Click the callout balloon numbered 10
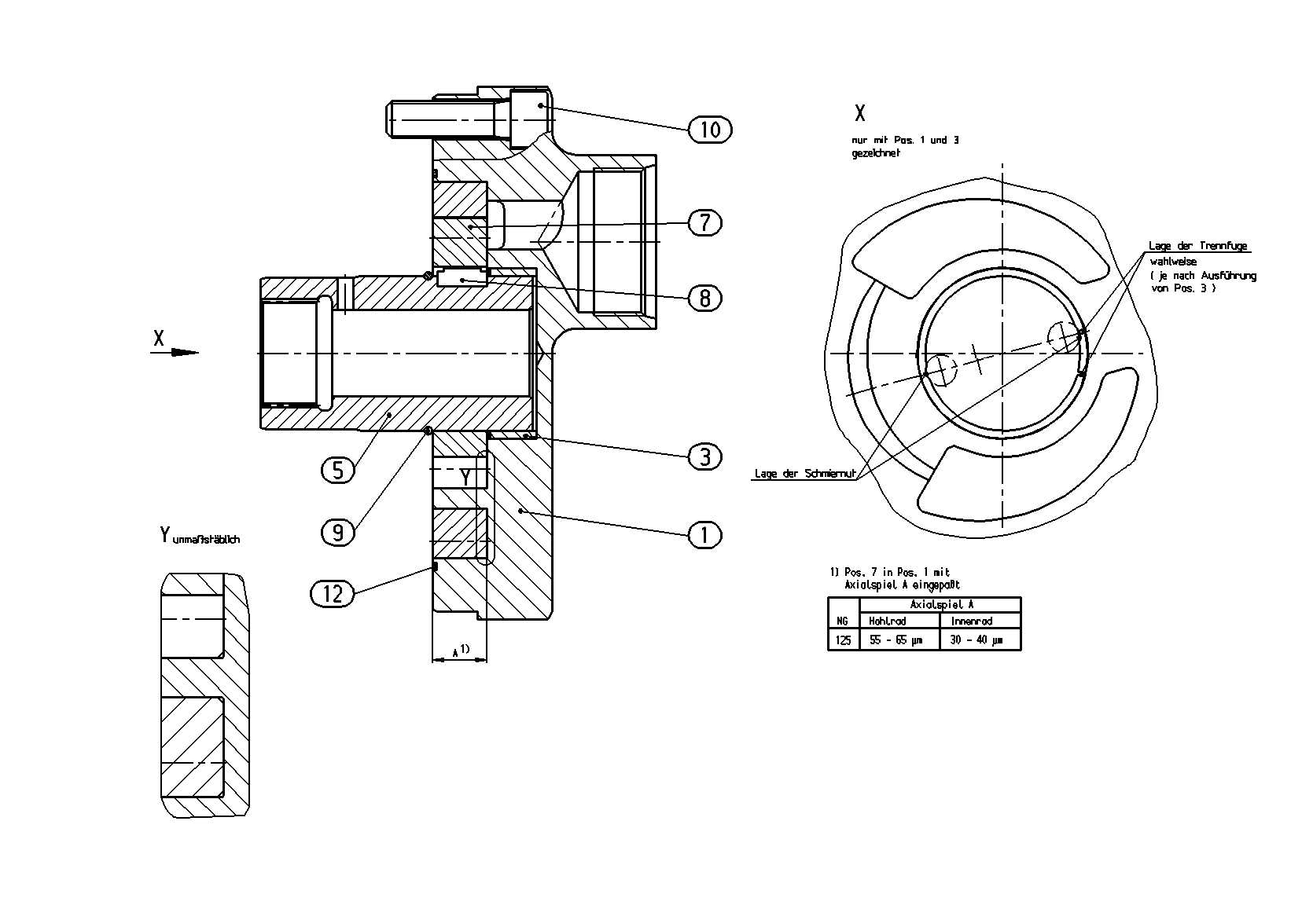710,130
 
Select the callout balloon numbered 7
704,222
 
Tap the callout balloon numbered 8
704,299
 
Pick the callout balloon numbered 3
704,457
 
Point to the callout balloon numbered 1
704,535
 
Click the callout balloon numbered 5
338,470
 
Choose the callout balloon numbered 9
338,532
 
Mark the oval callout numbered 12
333,594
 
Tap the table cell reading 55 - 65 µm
895,640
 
